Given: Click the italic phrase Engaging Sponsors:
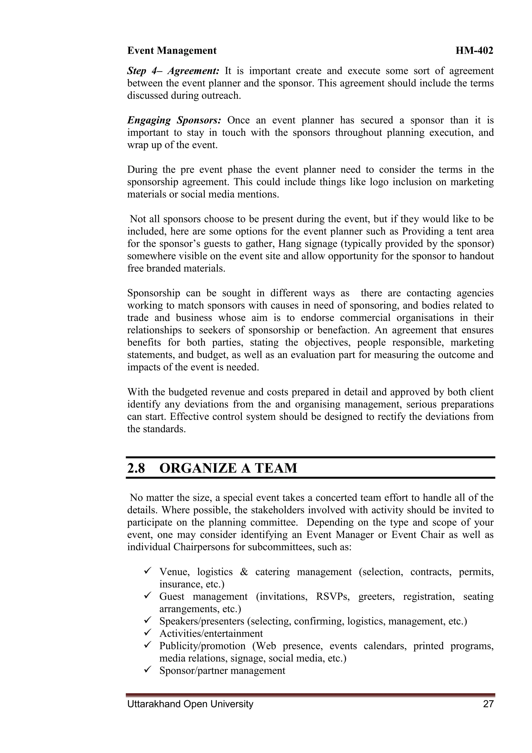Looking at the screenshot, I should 174,120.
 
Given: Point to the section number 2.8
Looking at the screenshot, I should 136,468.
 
